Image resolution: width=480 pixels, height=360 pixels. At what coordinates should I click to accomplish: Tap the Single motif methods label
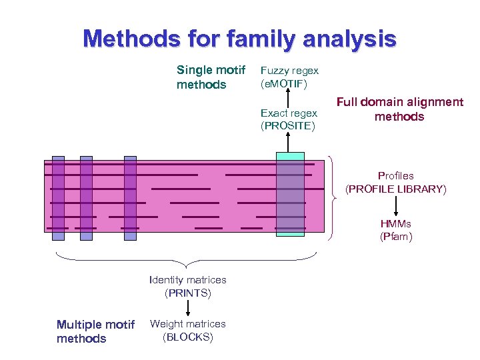(211, 77)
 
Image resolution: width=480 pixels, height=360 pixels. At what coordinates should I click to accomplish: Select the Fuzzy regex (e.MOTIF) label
(289, 77)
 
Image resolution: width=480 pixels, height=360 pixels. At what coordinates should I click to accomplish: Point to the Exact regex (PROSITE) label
(289, 119)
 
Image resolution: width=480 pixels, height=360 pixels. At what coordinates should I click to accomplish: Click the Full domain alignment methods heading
(399, 109)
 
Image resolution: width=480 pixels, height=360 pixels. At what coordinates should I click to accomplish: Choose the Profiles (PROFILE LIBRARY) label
(395, 183)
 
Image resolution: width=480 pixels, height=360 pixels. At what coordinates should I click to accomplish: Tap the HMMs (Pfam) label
(396, 230)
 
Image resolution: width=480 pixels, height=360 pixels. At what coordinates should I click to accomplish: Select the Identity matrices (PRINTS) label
(187, 286)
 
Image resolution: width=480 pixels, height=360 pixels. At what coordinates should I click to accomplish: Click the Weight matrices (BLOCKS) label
(187, 330)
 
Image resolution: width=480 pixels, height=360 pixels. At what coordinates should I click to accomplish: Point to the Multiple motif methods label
(95, 331)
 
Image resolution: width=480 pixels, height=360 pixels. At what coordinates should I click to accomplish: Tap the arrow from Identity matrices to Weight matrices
(187, 307)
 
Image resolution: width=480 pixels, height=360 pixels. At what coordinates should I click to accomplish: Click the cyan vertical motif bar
(289, 193)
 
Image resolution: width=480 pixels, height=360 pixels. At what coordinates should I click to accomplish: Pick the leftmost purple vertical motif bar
(59, 197)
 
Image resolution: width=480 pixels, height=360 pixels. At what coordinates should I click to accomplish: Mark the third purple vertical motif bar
(130, 197)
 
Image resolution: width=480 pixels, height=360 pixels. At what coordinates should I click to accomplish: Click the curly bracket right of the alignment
(333, 196)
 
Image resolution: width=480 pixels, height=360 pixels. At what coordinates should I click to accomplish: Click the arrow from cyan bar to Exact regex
(289, 141)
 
